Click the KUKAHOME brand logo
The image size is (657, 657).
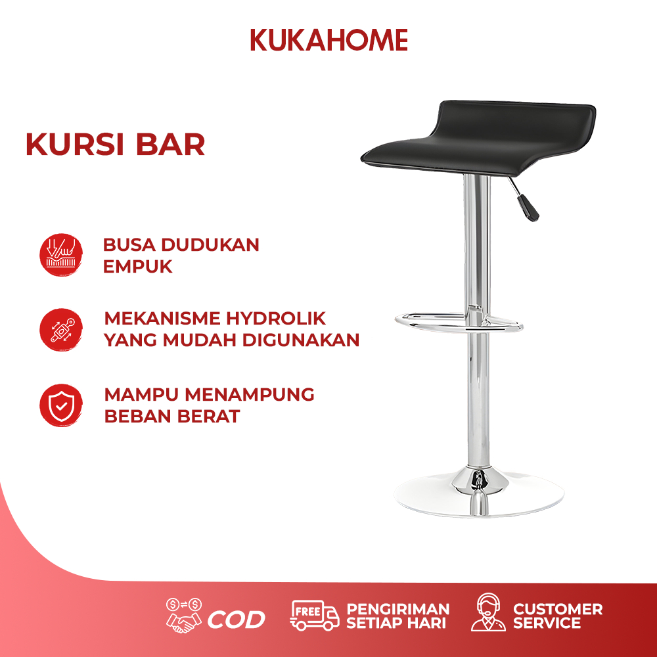[x=329, y=40]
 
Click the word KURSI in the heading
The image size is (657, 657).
[x=75, y=145]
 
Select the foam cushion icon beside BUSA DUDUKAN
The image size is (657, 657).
[x=61, y=255]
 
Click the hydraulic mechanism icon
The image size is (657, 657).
[x=61, y=330]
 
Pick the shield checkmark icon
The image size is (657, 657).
[x=61, y=405]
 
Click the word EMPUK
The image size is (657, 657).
[x=137, y=267]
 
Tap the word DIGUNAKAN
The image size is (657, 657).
[x=301, y=340]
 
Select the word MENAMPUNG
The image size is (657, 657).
[x=250, y=395]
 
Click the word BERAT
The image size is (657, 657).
[x=208, y=416]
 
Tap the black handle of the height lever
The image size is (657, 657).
[x=528, y=208]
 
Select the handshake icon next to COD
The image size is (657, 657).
[x=184, y=615]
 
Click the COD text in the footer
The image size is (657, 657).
[x=237, y=620]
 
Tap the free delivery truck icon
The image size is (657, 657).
[x=314, y=615]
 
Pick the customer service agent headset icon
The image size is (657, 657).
[x=488, y=612]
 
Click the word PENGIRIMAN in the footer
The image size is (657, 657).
[x=398, y=609]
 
